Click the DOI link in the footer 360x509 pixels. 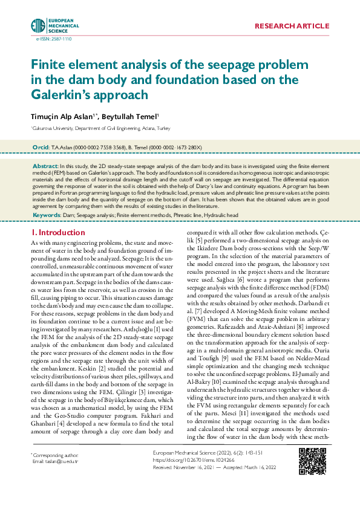click(190, 476)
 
